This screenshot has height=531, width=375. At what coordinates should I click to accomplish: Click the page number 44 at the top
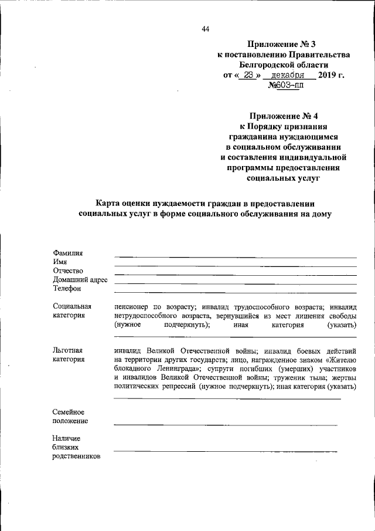204,29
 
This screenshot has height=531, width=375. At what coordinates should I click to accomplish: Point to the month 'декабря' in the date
287,76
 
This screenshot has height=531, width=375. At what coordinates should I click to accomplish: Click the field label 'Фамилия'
67,253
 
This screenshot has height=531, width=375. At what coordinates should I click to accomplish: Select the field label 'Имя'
60,262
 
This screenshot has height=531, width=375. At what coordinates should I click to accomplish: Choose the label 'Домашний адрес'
80,280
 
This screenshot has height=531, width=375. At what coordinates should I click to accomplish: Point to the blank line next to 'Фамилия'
234,257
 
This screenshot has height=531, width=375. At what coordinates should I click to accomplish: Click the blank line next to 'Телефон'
234,292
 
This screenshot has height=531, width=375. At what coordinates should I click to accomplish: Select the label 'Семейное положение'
70,416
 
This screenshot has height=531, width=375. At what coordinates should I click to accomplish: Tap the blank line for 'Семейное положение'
226,424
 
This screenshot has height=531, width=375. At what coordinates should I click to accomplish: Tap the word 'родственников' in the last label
76,456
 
